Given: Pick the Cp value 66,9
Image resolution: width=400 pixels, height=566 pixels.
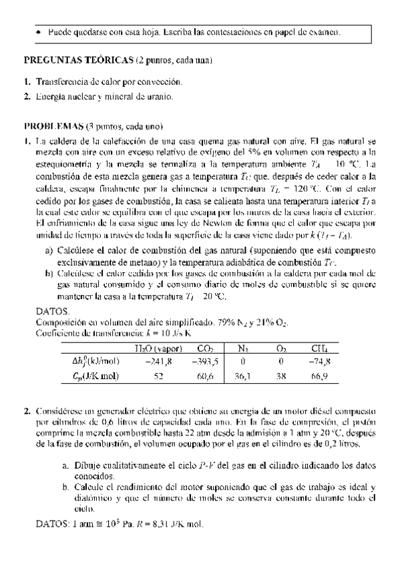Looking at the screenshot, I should coord(320,376).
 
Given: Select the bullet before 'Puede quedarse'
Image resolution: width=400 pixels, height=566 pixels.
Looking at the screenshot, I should coord(39,31).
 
